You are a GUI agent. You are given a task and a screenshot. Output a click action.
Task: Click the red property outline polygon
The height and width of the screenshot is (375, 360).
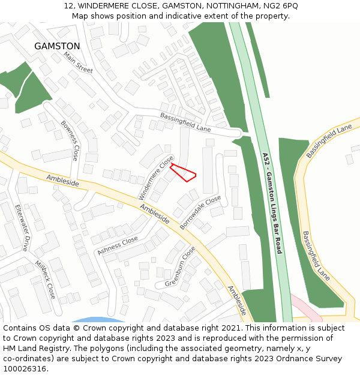click(183, 172)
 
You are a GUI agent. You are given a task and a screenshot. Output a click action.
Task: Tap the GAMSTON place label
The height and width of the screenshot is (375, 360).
click(57, 46)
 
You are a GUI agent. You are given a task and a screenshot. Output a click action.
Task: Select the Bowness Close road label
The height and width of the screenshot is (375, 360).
click(70, 140)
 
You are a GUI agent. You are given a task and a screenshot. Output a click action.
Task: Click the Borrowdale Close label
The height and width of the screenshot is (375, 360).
click(200, 212)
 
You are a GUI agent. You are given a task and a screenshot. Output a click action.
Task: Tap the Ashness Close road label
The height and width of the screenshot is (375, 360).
click(118, 245)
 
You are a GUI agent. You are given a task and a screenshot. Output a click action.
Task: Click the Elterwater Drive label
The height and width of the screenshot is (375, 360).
click(22, 227)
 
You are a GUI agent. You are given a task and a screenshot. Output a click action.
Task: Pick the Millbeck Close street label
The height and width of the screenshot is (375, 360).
click(45, 280)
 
